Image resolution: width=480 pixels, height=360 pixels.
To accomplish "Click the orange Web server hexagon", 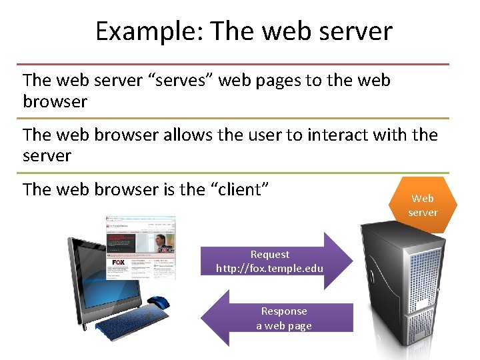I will pyautogui.click(x=423, y=205).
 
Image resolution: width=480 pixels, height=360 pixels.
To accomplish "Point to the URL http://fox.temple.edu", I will pyautogui.click(x=270, y=268).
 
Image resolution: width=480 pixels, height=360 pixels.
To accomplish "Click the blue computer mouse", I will pyautogui.click(x=158, y=303).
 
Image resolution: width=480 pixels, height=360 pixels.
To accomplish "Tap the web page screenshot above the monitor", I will pyautogui.click(x=141, y=247).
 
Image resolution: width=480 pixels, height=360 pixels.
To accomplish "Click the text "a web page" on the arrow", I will pyautogui.click(x=284, y=325).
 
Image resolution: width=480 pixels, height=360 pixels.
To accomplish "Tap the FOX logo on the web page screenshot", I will pyautogui.click(x=119, y=263).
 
